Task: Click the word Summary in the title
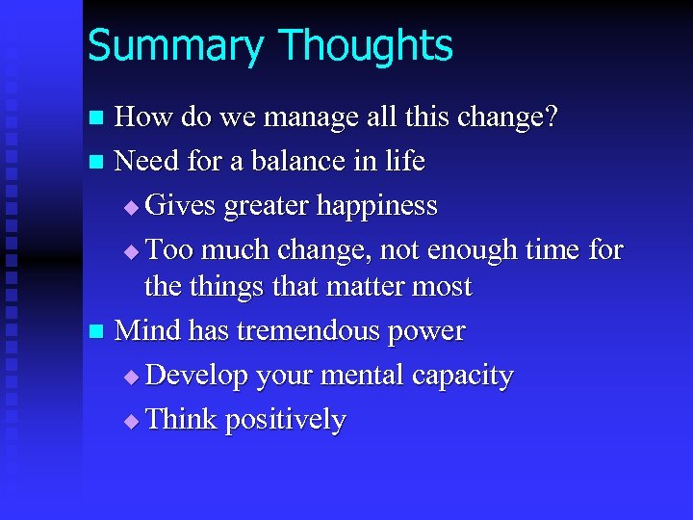pyautogui.click(x=174, y=46)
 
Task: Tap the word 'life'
pyautogui.click(x=405, y=161)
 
